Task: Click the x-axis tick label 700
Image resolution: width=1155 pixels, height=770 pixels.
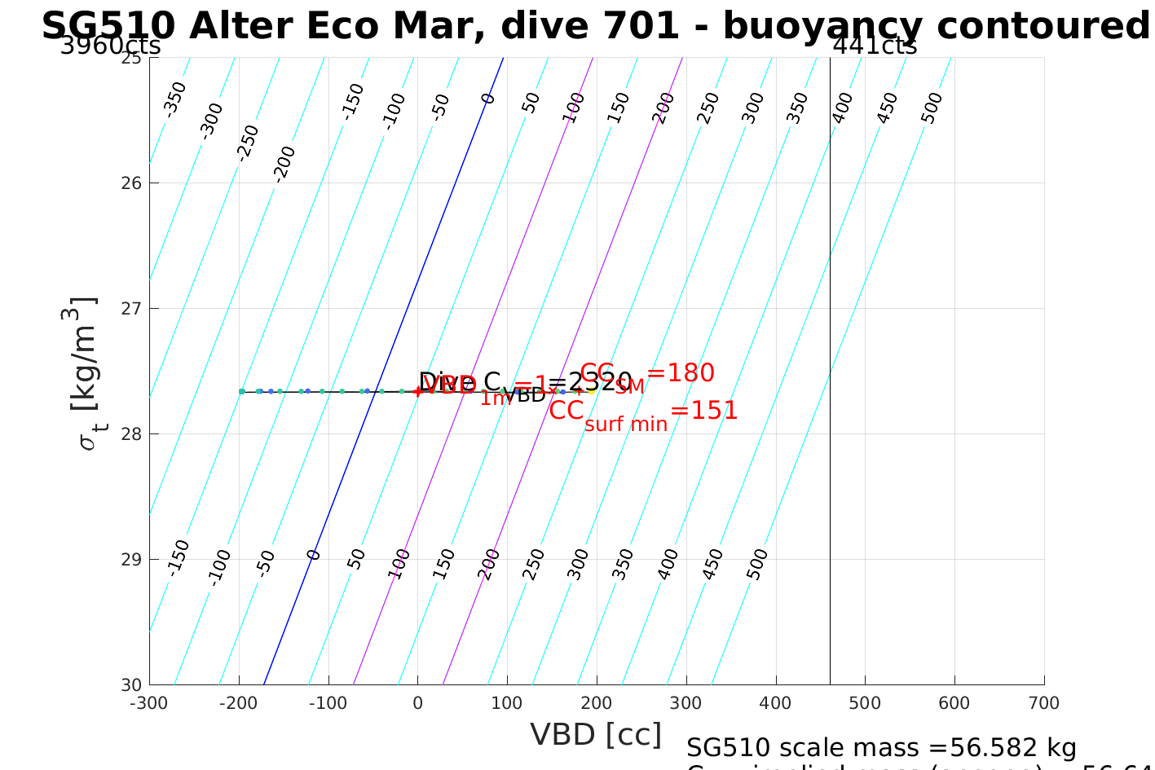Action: (1043, 703)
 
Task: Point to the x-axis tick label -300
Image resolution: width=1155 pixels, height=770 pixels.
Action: (148, 703)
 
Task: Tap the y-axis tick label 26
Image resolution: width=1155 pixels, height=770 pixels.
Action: (130, 183)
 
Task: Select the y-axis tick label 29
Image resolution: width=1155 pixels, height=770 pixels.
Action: (130, 559)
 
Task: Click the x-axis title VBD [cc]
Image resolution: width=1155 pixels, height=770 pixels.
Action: (596, 734)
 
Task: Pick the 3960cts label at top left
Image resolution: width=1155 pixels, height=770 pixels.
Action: (111, 46)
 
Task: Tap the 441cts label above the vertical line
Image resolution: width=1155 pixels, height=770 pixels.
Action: (875, 46)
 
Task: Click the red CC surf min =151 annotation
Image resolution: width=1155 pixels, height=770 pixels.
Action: (643, 411)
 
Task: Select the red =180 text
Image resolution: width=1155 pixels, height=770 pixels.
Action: (681, 372)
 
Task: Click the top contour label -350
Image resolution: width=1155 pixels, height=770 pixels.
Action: (174, 99)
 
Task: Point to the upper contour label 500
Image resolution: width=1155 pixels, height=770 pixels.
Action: (932, 108)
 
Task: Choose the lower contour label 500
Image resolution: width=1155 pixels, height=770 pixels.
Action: (757, 564)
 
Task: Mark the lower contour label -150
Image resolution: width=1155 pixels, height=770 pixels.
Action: (178, 557)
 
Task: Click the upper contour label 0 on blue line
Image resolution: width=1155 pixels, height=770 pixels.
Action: (488, 99)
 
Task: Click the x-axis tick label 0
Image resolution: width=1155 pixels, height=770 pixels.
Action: (417, 703)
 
